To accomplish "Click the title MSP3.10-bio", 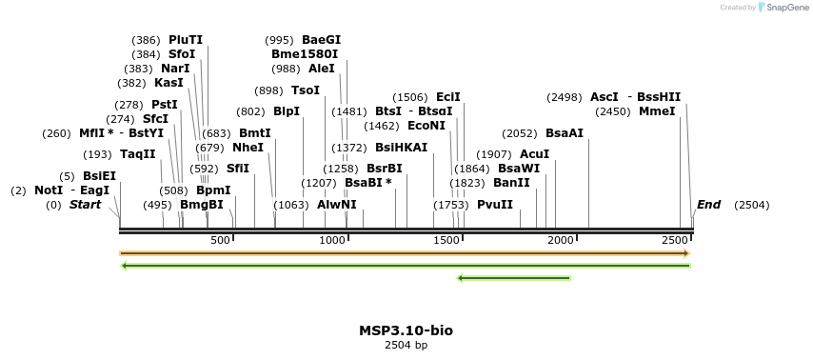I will tap(406, 330).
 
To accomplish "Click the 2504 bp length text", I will tap(406, 345).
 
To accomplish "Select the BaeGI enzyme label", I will tap(321, 40).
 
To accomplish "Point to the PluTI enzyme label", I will tap(186, 40).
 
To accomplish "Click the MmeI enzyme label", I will tap(657, 111).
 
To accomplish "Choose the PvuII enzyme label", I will tap(495, 205).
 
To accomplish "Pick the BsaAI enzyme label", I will tap(565, 133).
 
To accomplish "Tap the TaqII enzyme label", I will tap(138, 154).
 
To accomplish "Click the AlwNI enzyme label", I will tap(337, 205).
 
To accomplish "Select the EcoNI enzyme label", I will tap(426, 126).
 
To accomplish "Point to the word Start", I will tap(85, 205).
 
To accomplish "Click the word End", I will tap(709, 205).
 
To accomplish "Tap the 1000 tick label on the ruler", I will tap(332, 241).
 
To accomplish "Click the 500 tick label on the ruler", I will tap(221, 241).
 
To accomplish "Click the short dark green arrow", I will tap(514, 278).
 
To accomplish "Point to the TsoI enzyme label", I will tap(306, 90).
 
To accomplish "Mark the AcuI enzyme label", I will tap(535, 154).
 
